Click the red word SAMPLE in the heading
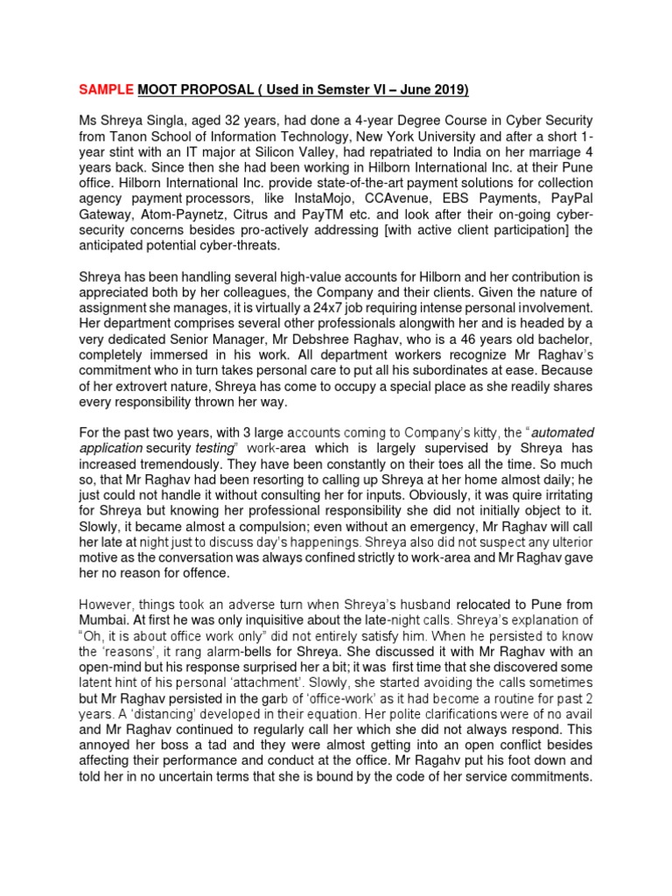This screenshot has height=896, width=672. point(105,90)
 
